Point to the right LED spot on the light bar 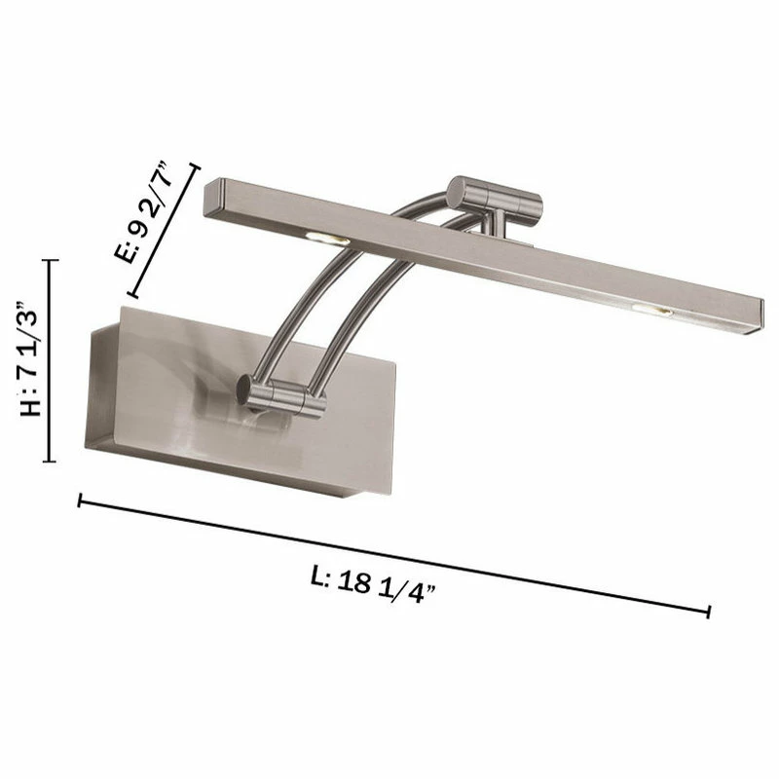click(x=649, y=310)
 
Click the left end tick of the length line click(x=80, y=501)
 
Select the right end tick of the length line click(x=709, y=611)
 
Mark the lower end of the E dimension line click(x=130, y=294)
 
